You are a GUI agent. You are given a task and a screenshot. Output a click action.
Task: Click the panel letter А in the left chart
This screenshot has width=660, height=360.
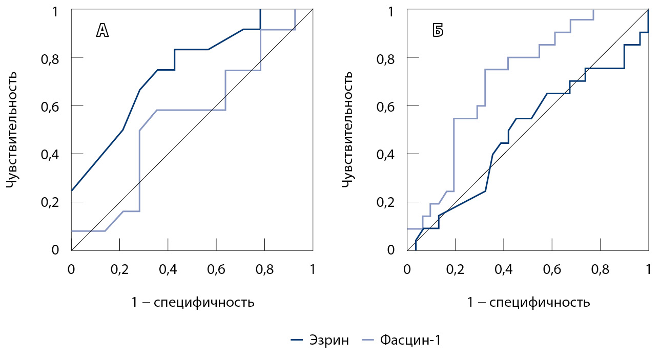(102, 31)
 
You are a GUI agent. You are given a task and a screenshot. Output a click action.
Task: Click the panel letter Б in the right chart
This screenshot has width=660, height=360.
(438, 31)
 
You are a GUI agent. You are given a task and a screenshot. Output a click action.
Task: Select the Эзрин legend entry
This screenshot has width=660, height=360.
(329, 340)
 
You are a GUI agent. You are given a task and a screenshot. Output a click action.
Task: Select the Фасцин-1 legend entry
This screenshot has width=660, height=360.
(410, 340)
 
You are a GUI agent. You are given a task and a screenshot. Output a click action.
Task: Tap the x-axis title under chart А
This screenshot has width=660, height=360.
(193, 302)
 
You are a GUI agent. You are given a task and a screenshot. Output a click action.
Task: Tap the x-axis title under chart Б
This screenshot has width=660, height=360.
(528, 302)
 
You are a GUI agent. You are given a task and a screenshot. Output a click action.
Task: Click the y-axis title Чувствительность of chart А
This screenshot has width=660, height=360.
(13, 130)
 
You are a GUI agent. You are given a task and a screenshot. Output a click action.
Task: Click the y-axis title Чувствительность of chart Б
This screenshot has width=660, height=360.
(348, 130)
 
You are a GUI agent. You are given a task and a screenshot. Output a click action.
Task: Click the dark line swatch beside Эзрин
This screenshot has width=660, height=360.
(298, 340)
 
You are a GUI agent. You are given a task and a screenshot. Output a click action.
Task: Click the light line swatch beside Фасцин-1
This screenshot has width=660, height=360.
(368, 340)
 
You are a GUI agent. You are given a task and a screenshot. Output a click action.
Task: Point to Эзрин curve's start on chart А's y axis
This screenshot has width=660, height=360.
(72, 191)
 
